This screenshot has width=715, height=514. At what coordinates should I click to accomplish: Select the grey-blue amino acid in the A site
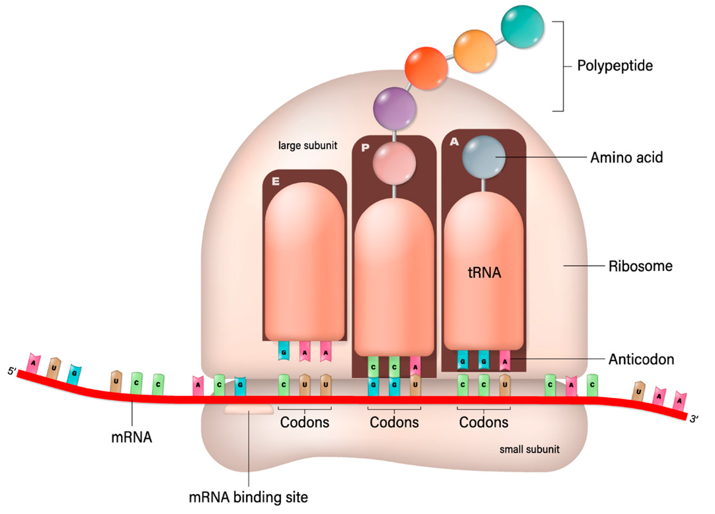coord(483,157)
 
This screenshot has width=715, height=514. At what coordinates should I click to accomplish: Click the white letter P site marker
coord(365,148)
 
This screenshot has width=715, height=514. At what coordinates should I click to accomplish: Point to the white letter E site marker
coord(276,181)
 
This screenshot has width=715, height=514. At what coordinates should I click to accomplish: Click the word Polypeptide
coord(615,66)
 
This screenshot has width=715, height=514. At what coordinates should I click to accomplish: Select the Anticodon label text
coord(641,359)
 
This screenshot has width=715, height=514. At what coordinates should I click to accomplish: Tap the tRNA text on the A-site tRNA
coord(484,273)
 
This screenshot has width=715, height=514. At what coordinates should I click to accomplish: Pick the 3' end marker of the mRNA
coord(694,419)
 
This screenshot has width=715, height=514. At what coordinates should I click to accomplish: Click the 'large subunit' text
coord(308,145)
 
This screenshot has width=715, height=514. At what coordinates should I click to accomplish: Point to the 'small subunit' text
coord(529,449)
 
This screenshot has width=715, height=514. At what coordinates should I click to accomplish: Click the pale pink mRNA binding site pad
coord(249,409)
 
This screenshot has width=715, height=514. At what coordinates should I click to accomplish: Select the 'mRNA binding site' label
coord(248,497)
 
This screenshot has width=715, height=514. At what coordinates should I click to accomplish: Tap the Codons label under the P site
coord(394,422)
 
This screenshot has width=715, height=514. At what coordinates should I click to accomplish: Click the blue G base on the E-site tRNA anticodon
coord(284,352)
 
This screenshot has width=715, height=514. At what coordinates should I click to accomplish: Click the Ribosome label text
coord(640,266)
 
